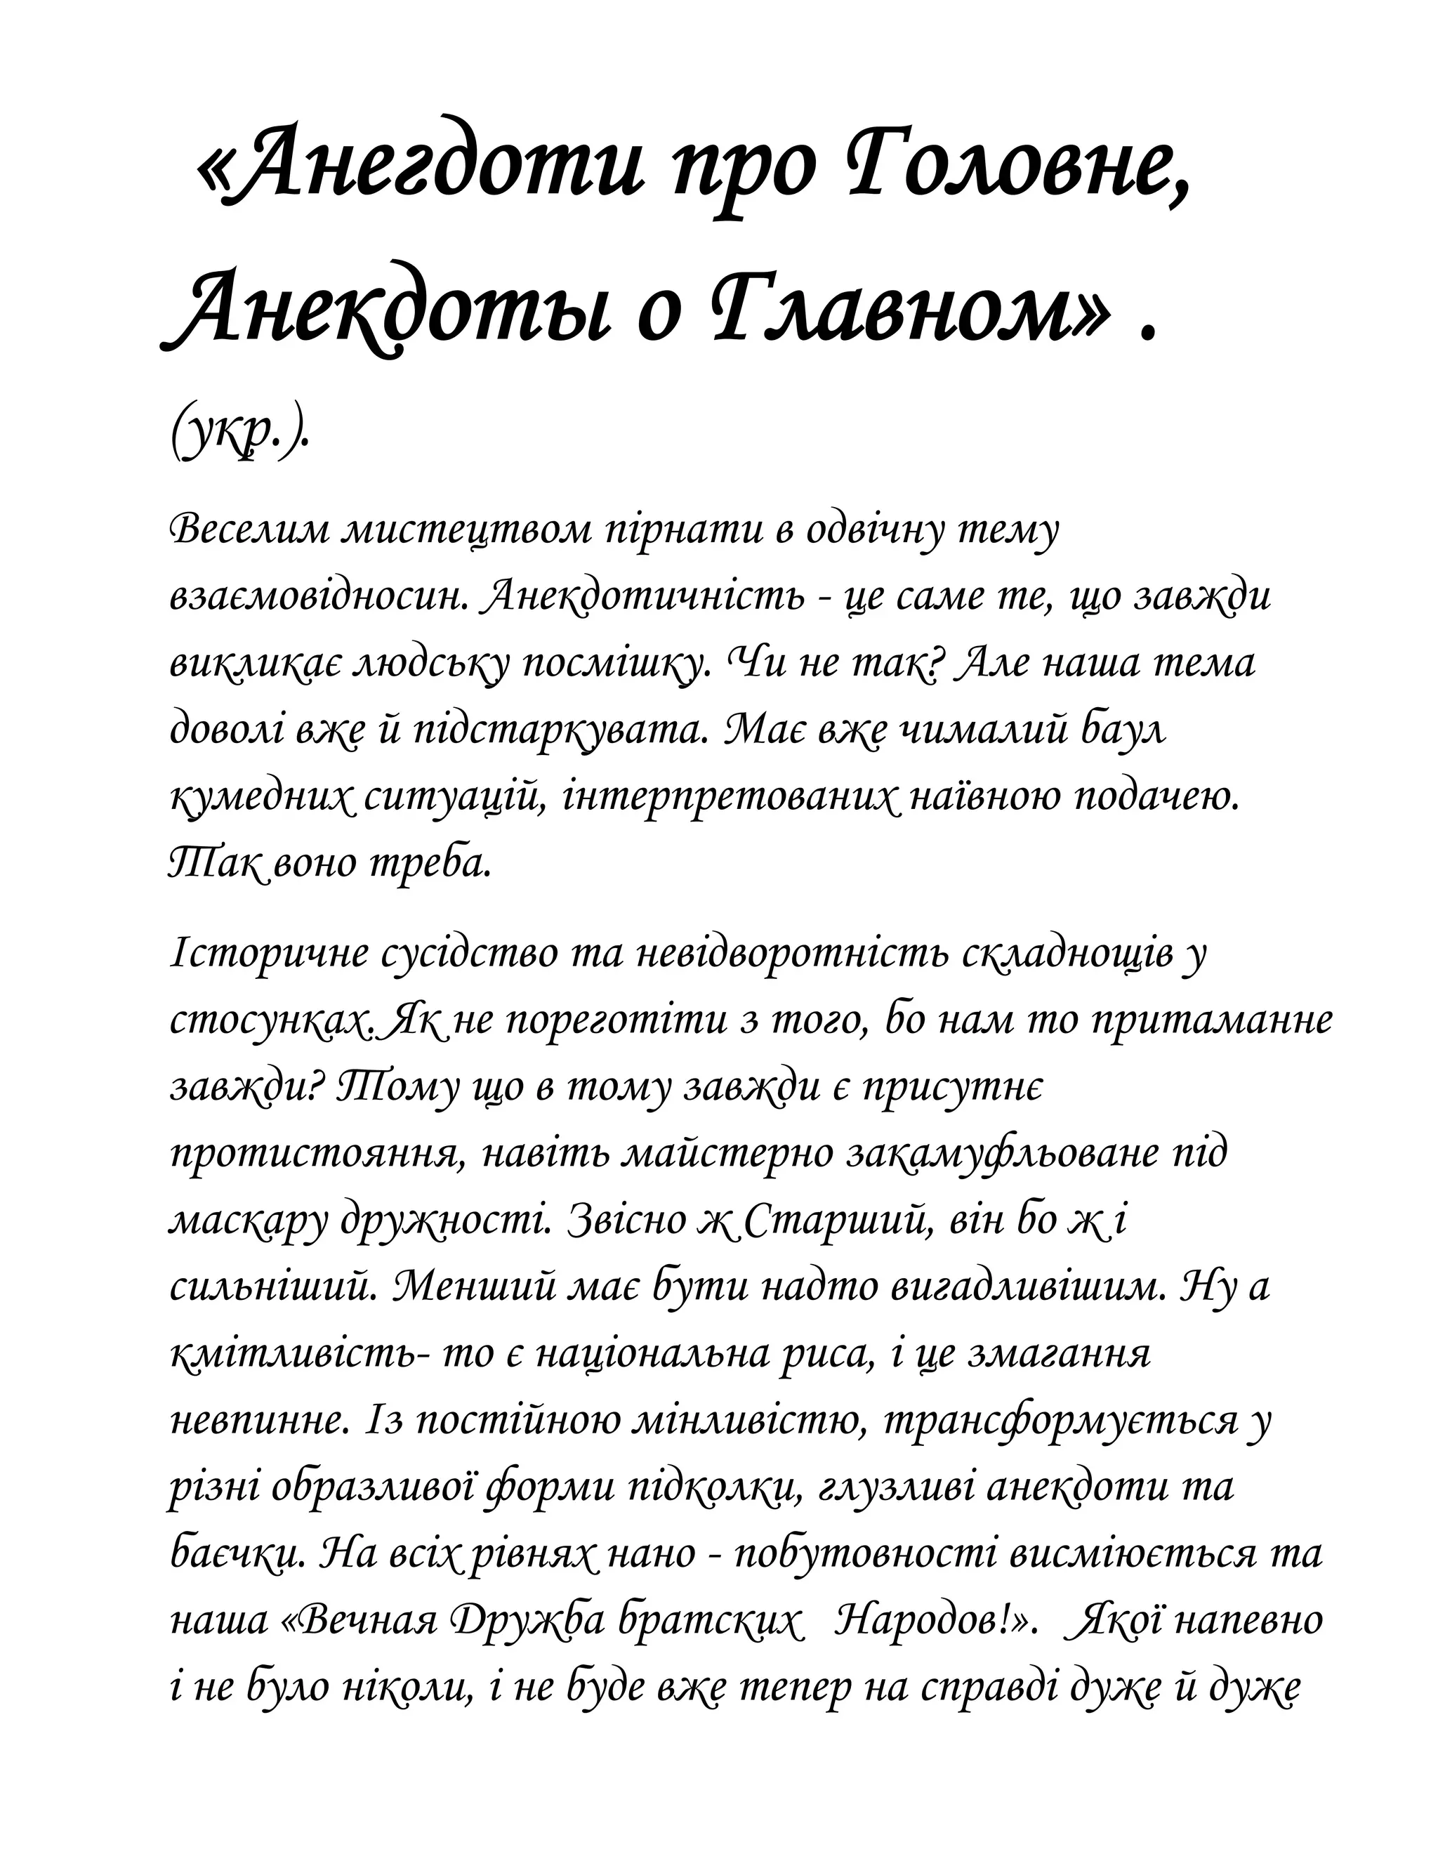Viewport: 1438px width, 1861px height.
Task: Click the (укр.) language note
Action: click(x=239, y=438)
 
